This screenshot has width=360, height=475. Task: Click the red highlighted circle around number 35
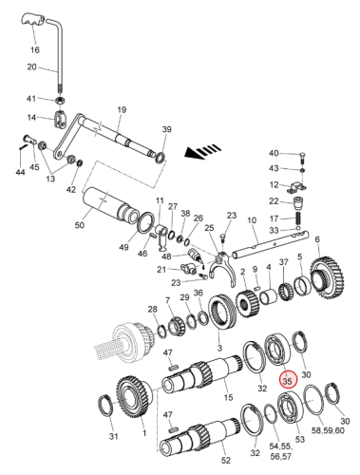point(288,380)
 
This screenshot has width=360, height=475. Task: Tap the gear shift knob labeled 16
point(33,20)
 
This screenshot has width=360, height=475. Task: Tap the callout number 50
point(79,224)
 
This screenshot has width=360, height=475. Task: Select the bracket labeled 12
point(297,186)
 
